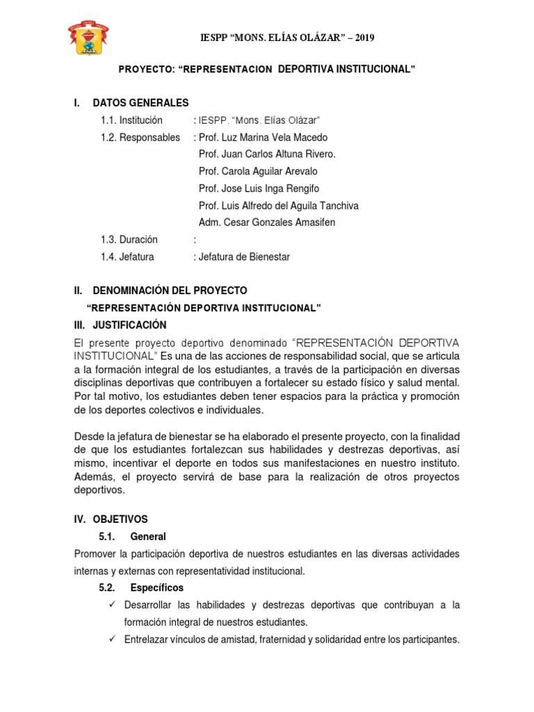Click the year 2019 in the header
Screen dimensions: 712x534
point(363,38)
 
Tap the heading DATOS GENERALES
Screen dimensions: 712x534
point(140,103)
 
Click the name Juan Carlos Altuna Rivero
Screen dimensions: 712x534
point(277,154)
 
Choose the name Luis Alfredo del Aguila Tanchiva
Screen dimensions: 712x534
point(288,206)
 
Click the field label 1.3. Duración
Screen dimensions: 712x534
point(129,240)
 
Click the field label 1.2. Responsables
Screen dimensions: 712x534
point(140,137)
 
